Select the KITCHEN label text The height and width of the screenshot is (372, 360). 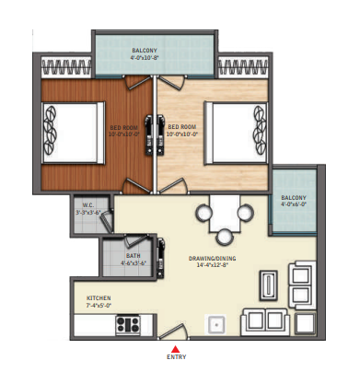[99, 298]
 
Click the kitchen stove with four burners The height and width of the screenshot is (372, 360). [128, 323]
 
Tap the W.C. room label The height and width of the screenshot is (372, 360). [86, 205]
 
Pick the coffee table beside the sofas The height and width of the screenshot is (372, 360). [268, 285]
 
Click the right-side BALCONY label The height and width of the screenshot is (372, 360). [295, 196]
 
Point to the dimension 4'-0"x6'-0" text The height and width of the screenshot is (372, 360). [295, 203]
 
